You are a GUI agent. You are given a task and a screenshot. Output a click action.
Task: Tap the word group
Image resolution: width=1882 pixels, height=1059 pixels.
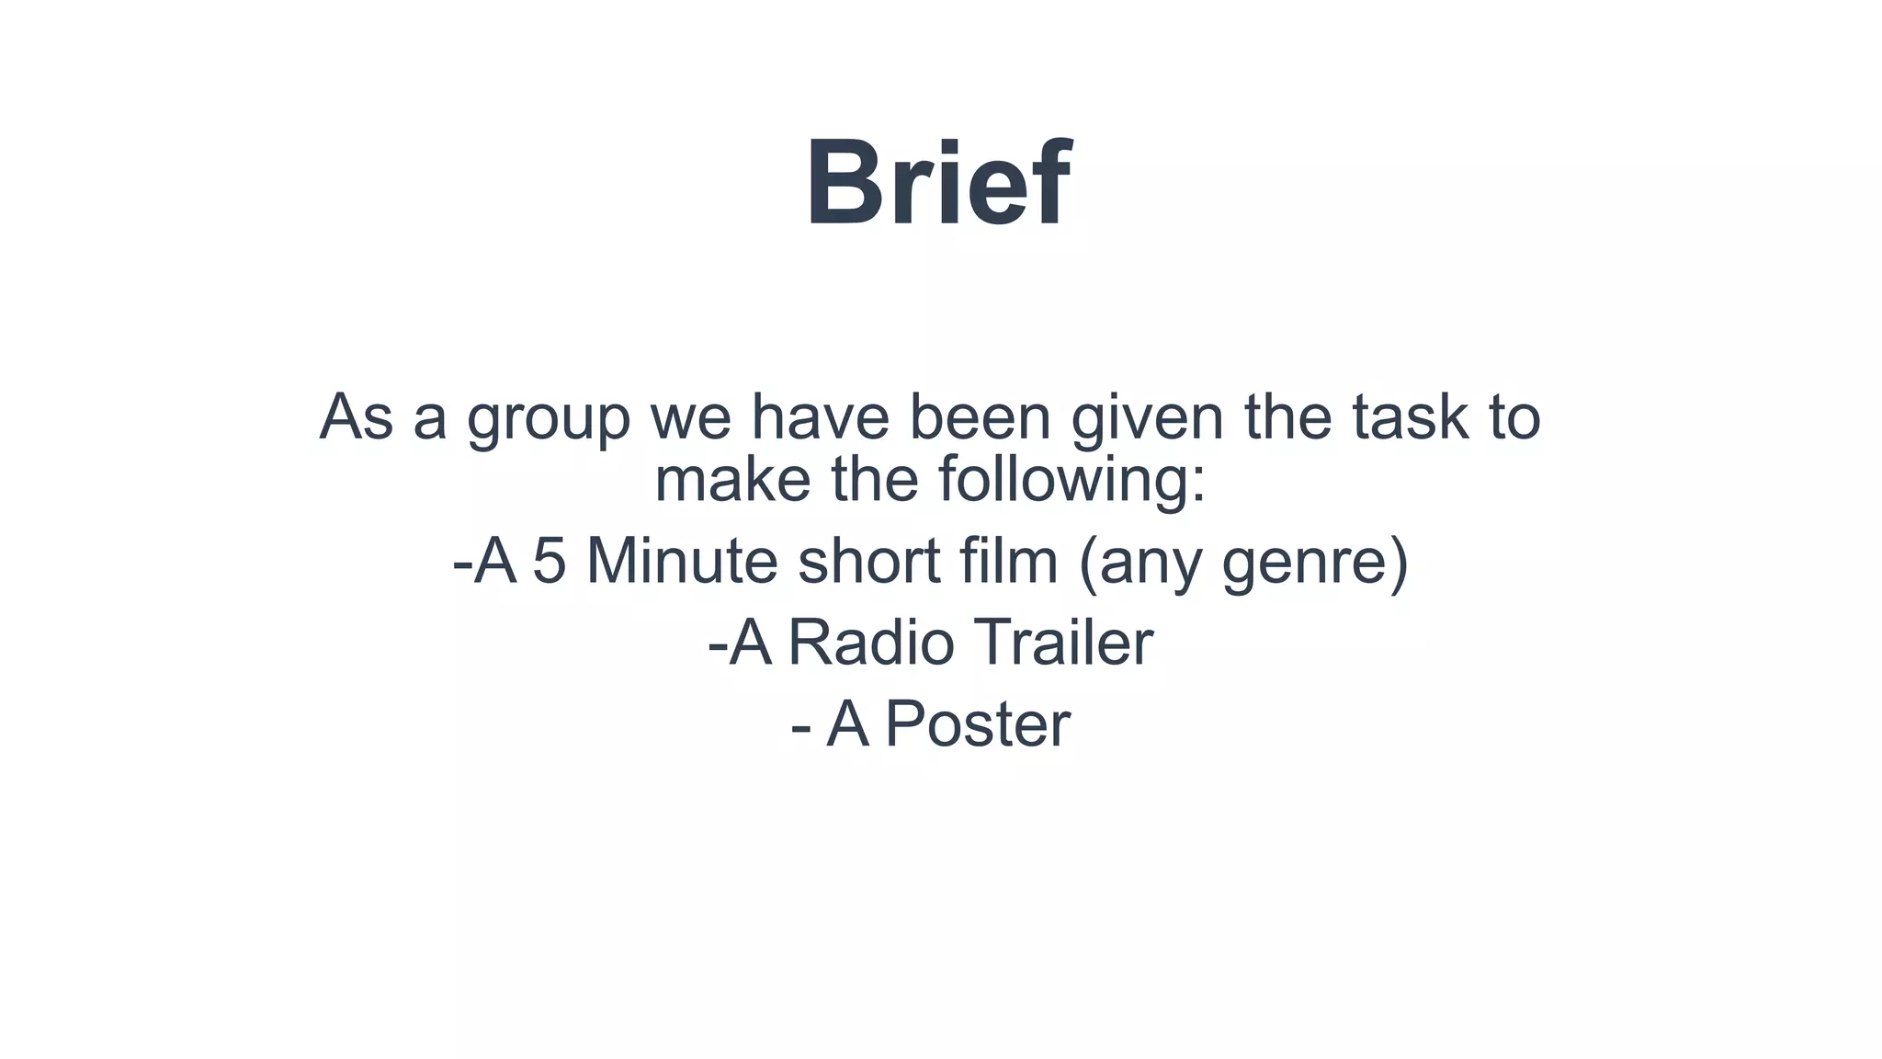[x=549, y=419]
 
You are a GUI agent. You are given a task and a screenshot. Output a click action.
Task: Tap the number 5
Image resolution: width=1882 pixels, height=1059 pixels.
[x=549, y=561]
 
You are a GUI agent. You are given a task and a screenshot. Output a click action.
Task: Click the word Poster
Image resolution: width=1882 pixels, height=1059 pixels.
[x=978, y=724]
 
